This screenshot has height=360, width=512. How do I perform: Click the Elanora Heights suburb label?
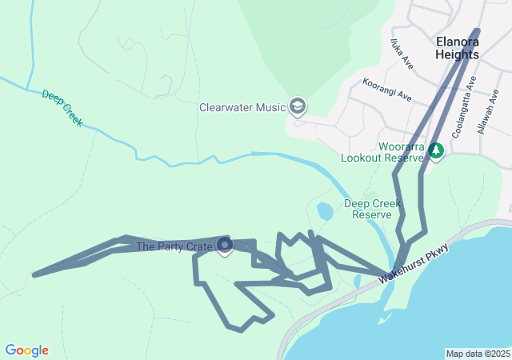[x=458, y=48]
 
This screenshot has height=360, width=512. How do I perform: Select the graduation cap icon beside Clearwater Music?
[x=298, y=106]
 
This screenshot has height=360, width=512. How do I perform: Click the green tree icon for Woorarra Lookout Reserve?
[x=436, y=150]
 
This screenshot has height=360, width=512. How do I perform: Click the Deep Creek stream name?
[x=62, y=109]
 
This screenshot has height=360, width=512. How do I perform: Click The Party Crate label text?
[x=174, y=246]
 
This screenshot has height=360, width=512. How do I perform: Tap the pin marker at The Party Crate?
[x=225, y=246]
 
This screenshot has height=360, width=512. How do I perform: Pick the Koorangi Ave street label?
[x=386, y=89]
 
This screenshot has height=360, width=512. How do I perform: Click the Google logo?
[x=26, y=350]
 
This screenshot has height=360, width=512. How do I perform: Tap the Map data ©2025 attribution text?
[x=478, y=354]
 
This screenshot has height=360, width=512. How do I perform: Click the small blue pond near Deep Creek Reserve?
[x=325, y=212]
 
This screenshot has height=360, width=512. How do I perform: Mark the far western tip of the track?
[x=34, y=274]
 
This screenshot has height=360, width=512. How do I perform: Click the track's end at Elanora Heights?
[x=478, y=31]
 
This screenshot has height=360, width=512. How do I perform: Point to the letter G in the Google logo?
[x=10, y=350]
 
